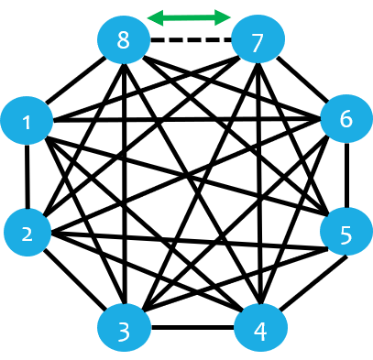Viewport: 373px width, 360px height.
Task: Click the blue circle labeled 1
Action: [27, 120]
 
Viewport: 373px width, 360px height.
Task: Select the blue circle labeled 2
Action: [27, 232]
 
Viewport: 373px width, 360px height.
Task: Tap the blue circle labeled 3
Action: [124, 329]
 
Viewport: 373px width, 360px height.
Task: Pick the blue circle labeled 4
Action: [260, 329]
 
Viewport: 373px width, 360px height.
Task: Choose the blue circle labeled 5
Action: [346, 232]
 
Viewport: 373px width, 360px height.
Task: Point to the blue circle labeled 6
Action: [346, 118]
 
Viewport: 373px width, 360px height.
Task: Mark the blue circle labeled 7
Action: [258, 41]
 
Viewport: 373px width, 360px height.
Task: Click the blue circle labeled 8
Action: [124, 40]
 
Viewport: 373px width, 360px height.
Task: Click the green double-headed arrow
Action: [189, 17]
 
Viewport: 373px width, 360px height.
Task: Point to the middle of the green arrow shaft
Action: [189, 17]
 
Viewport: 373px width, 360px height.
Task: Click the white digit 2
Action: [27, 234]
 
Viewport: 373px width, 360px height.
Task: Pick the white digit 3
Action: [124, 331]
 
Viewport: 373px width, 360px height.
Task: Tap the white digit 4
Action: [260, 331]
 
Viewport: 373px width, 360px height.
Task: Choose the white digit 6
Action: [346, 119]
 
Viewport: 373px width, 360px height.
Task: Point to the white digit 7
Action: [258, 42]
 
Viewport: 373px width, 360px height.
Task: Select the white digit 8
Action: [124, 41]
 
